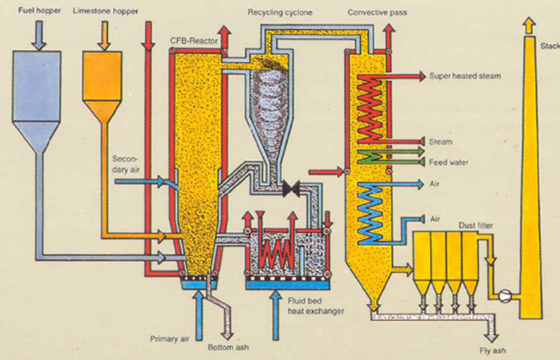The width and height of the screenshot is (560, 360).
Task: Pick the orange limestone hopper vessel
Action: (102, 82)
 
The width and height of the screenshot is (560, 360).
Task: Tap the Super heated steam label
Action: (464, 76)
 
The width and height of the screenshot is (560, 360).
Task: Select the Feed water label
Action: (448, 162)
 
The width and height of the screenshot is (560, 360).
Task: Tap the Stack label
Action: (549, 45)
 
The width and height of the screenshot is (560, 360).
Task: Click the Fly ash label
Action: (493, 350)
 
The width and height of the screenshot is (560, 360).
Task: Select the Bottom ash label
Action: (227, 347)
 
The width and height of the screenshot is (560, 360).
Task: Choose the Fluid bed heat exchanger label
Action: (316, 307)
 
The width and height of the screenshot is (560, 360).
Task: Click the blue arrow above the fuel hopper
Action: (39, 34)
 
